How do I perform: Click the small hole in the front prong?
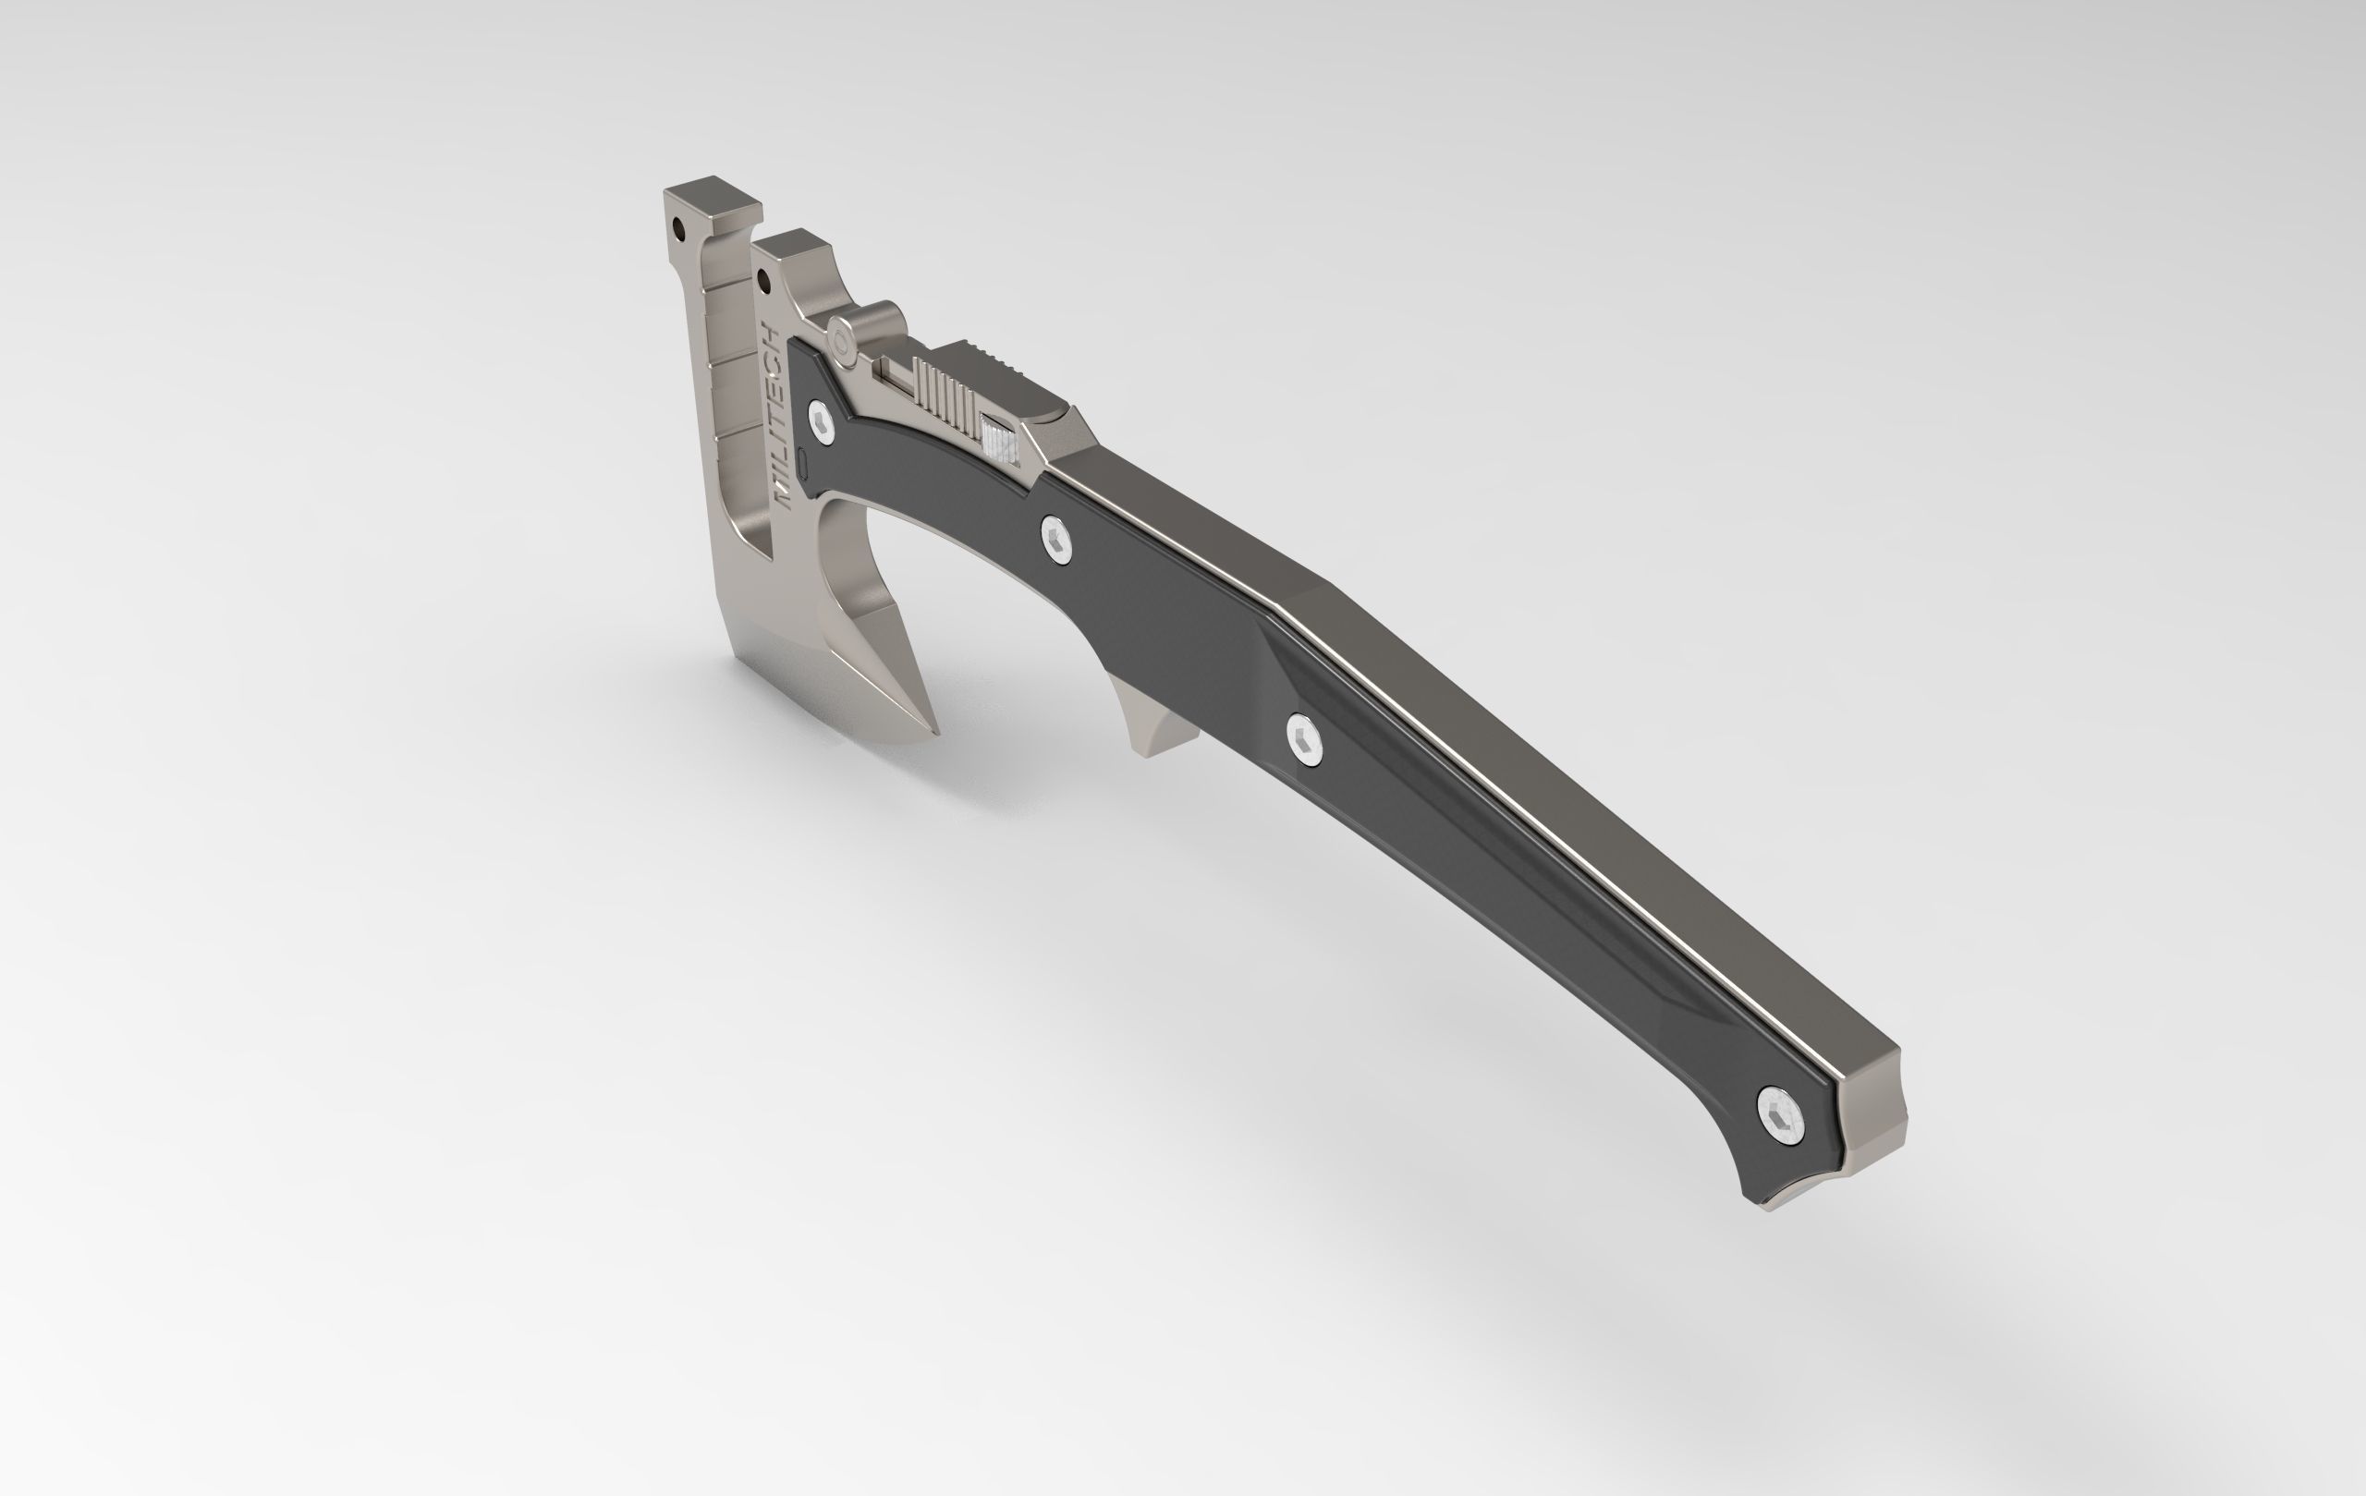763,283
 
